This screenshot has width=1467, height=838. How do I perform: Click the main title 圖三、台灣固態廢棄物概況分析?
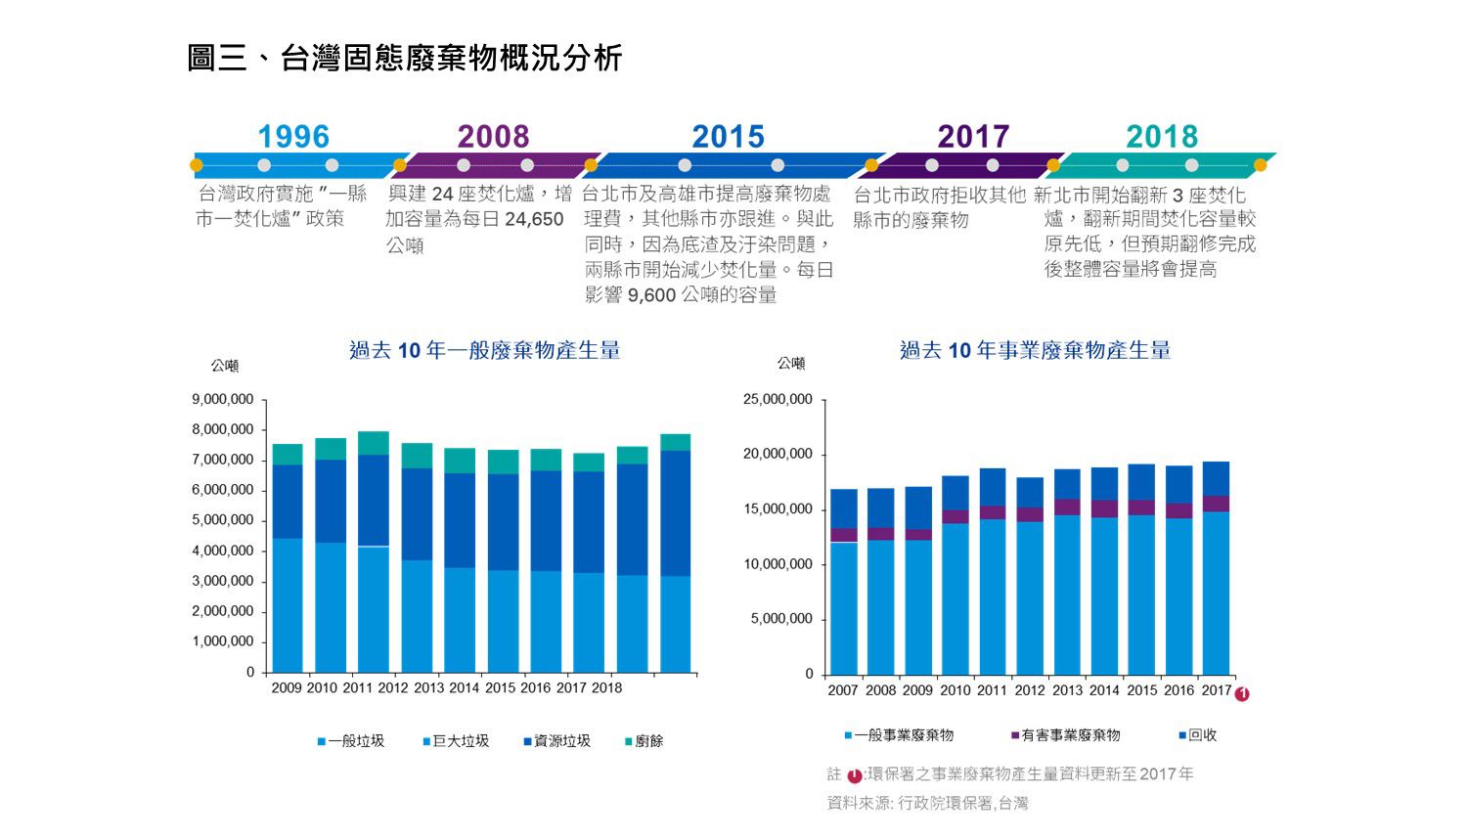[x=404, y=59]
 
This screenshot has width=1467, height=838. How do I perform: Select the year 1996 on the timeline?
[x=293, y=137]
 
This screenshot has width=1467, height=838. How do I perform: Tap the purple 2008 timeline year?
[x=493, y=137]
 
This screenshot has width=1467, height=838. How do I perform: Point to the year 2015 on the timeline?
[x=728, y=137]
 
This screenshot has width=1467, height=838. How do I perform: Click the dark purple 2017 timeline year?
[x=972, y=137]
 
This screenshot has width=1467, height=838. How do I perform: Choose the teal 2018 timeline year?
[x=1161, y=137]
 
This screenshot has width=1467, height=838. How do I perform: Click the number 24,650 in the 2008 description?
[x=534, y=220]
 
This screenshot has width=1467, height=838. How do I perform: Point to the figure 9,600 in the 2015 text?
[x=651, y=295]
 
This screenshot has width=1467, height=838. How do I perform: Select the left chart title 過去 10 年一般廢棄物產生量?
[x=484, y=350]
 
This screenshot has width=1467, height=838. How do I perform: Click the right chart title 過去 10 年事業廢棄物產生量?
[x=1035, y=350]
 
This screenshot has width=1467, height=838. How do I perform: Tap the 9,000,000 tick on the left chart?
[x=222, y=399]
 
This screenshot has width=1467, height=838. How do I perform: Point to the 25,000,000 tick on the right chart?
[x=778, y=399]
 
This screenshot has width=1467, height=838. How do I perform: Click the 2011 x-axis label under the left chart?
[x=358, y=687]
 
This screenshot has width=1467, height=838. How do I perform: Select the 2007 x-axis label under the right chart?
[x=842, y=689]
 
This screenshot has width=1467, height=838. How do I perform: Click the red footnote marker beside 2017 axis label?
[x=1242, y=694]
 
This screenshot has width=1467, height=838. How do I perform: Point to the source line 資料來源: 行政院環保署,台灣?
[x=927, y=804]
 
